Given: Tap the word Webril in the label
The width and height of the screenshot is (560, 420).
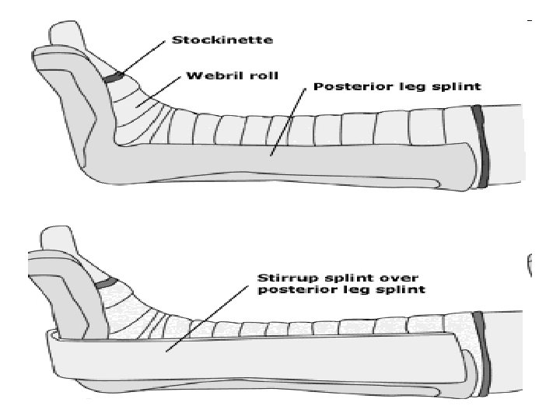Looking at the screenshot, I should (x=205, y=78).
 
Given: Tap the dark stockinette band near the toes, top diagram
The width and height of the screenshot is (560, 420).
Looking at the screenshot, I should (x=114, y=77).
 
